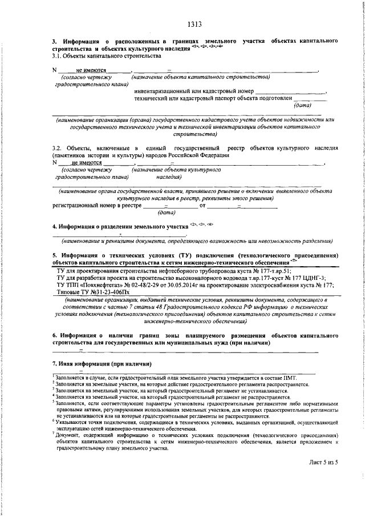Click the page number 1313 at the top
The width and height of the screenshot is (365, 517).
[x=194, y=24]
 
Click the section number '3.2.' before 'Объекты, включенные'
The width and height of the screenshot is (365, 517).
[x=59, y=147]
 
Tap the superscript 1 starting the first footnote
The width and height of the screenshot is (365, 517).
[x=54, y=376]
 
